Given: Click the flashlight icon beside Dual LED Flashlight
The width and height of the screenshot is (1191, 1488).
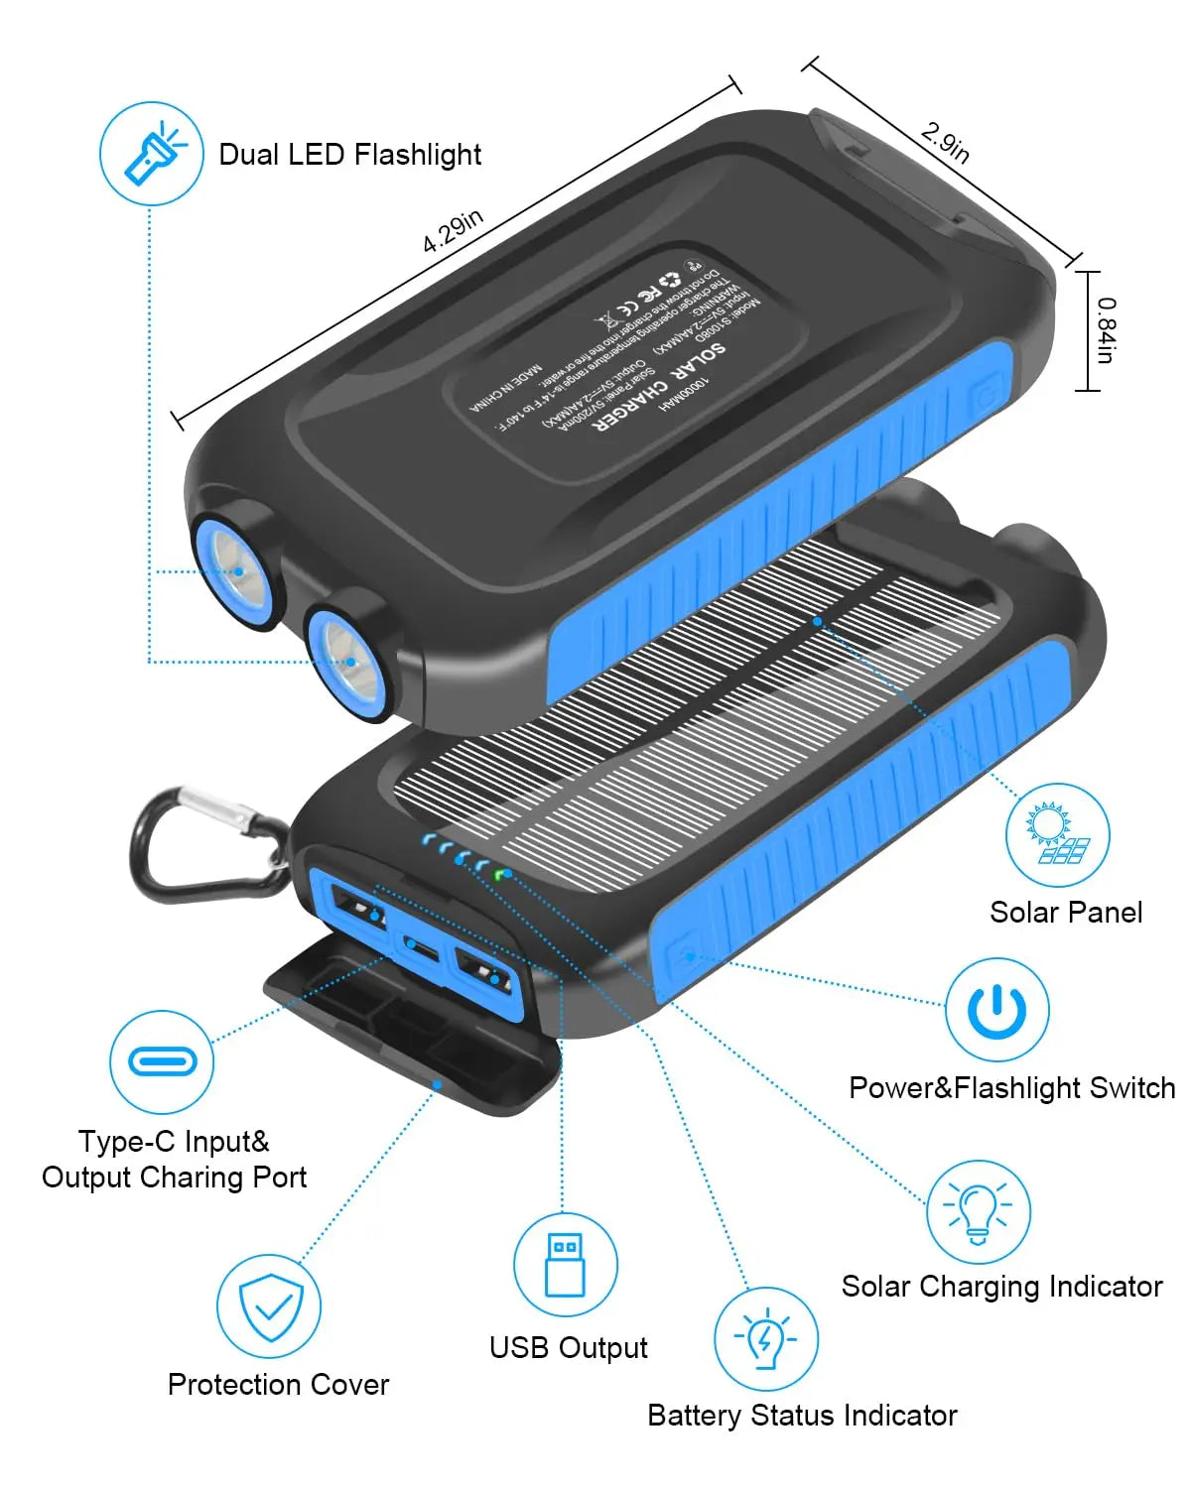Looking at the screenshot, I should click(x=152, y=154).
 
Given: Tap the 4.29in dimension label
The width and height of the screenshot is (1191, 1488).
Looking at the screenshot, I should click(x=453, y=231).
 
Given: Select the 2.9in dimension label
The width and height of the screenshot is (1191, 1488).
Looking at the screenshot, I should click(x=945, y=142).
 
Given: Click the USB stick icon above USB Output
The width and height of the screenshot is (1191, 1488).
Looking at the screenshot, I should click(x=565, y=1264).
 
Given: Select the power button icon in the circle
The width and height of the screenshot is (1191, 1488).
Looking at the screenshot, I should click(x=996, y=1010).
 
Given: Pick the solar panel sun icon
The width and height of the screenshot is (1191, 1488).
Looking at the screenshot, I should click(x=1057, y=834).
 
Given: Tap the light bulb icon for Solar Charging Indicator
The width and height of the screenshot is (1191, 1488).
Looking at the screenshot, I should click(x=979, y=1211).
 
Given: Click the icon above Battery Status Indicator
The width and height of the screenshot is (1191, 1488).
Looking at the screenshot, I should click(x=766, y=1339).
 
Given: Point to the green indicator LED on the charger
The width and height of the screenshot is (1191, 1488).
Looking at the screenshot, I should click(x=501, y=874).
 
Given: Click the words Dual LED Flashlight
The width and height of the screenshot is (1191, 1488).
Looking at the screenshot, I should click(x=349, y=155).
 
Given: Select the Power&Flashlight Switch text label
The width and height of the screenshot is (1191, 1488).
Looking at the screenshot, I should click(x=1011, y=1088).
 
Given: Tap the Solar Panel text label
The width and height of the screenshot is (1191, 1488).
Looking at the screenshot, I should click(x=1066, y=913).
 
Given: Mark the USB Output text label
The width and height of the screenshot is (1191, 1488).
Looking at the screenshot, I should click(x=568, y=1347).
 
